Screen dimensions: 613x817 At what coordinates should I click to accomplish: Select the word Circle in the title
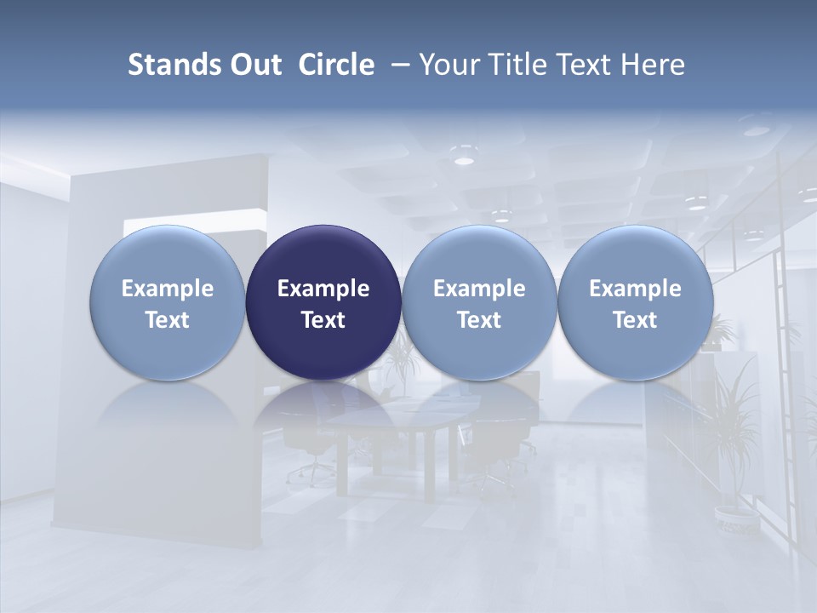click(336, 65)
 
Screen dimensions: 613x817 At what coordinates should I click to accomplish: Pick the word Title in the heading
click(516, 65)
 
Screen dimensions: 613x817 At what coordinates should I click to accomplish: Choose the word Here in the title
click(654, 65)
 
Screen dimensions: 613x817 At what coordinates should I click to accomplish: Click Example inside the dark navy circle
click(323, 289)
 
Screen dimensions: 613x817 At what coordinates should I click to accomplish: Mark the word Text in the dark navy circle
click(323, 320)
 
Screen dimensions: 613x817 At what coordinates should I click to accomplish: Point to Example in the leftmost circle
click(167, 289)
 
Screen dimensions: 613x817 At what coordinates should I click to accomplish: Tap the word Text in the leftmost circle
click(167, 320)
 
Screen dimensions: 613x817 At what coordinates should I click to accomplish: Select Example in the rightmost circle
click(635, 289)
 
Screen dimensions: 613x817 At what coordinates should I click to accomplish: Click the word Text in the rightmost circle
click(635, 320)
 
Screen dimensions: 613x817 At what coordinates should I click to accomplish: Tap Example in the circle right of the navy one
click(479, 289)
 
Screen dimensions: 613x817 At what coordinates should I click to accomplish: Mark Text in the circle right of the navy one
click(479, 320)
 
